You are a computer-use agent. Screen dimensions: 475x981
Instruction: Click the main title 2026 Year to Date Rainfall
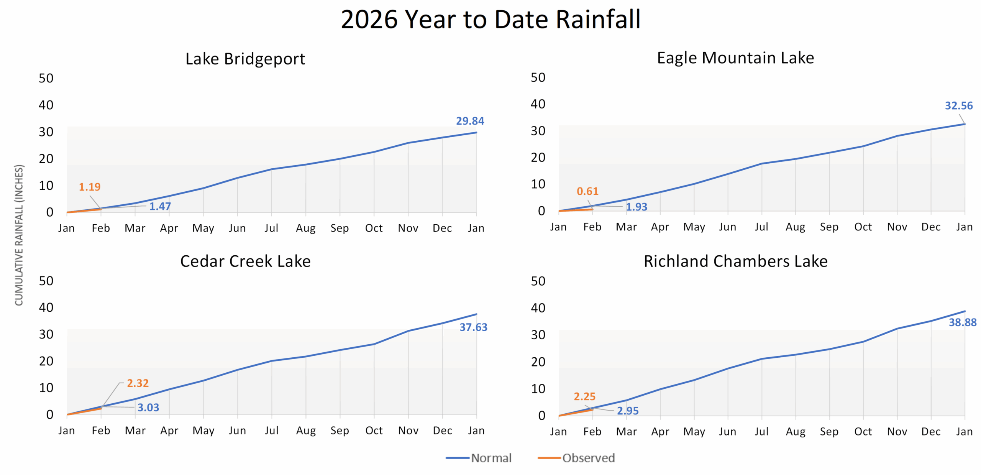[x=490, y=19]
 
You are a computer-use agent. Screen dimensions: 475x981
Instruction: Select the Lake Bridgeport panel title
[x=245, y=59]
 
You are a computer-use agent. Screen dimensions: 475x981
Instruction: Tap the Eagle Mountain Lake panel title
[x=735, y=58]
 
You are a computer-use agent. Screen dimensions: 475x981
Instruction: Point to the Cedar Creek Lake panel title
[x=245, y=261]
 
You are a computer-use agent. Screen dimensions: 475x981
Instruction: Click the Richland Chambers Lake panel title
[x=735, y=261]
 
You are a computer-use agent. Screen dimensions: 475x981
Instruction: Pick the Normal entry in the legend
[x=491, y=458]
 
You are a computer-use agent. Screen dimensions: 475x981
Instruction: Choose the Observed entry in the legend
[x=588, y=458]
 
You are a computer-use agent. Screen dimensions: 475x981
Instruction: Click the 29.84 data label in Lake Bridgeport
[x=470, y=121]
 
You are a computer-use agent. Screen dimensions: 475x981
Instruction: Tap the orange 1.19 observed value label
[x=90, y=187]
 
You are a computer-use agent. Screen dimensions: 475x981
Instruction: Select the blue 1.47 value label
[x=160, y=206]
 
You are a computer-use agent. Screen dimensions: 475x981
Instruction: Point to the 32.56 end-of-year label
[x=958, y=106]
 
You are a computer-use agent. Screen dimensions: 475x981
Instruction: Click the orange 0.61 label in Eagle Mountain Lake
[x=587, y=191]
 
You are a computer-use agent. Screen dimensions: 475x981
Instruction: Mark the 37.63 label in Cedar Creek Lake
[x=473, y=327]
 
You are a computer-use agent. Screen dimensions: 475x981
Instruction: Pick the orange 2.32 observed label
[x=138, y=383]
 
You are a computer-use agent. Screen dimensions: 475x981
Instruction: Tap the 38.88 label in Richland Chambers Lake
[x=962, y=322]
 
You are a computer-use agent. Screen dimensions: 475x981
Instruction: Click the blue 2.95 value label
[x=628, y=411]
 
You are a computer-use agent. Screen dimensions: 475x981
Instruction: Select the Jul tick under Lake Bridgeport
[x=271, y=228]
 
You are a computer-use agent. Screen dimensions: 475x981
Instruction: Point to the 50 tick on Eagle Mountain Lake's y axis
[x=538, y=77]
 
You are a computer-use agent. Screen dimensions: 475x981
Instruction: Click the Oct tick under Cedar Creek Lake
[x=374, y=431]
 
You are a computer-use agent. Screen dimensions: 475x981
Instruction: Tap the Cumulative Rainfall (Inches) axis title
[x=19, y=235]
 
